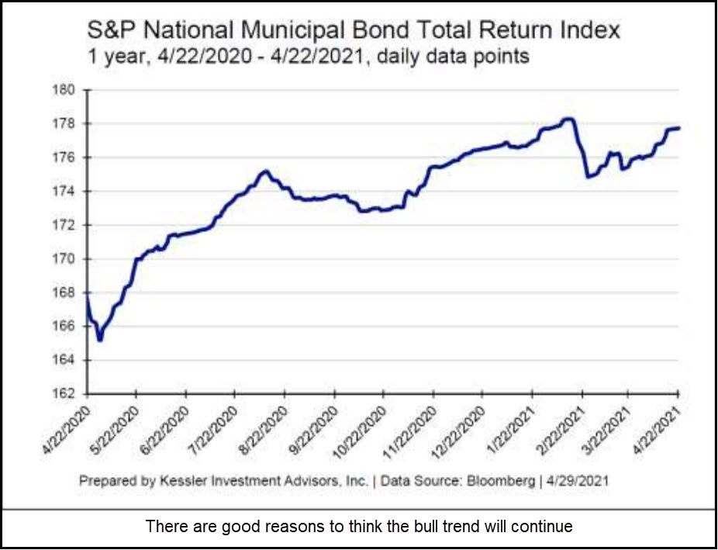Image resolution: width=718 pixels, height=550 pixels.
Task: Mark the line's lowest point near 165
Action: pyautogui.click(x=100, y=340)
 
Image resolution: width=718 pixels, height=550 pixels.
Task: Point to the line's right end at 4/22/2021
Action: pyautogui.click(x=679, y=128)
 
